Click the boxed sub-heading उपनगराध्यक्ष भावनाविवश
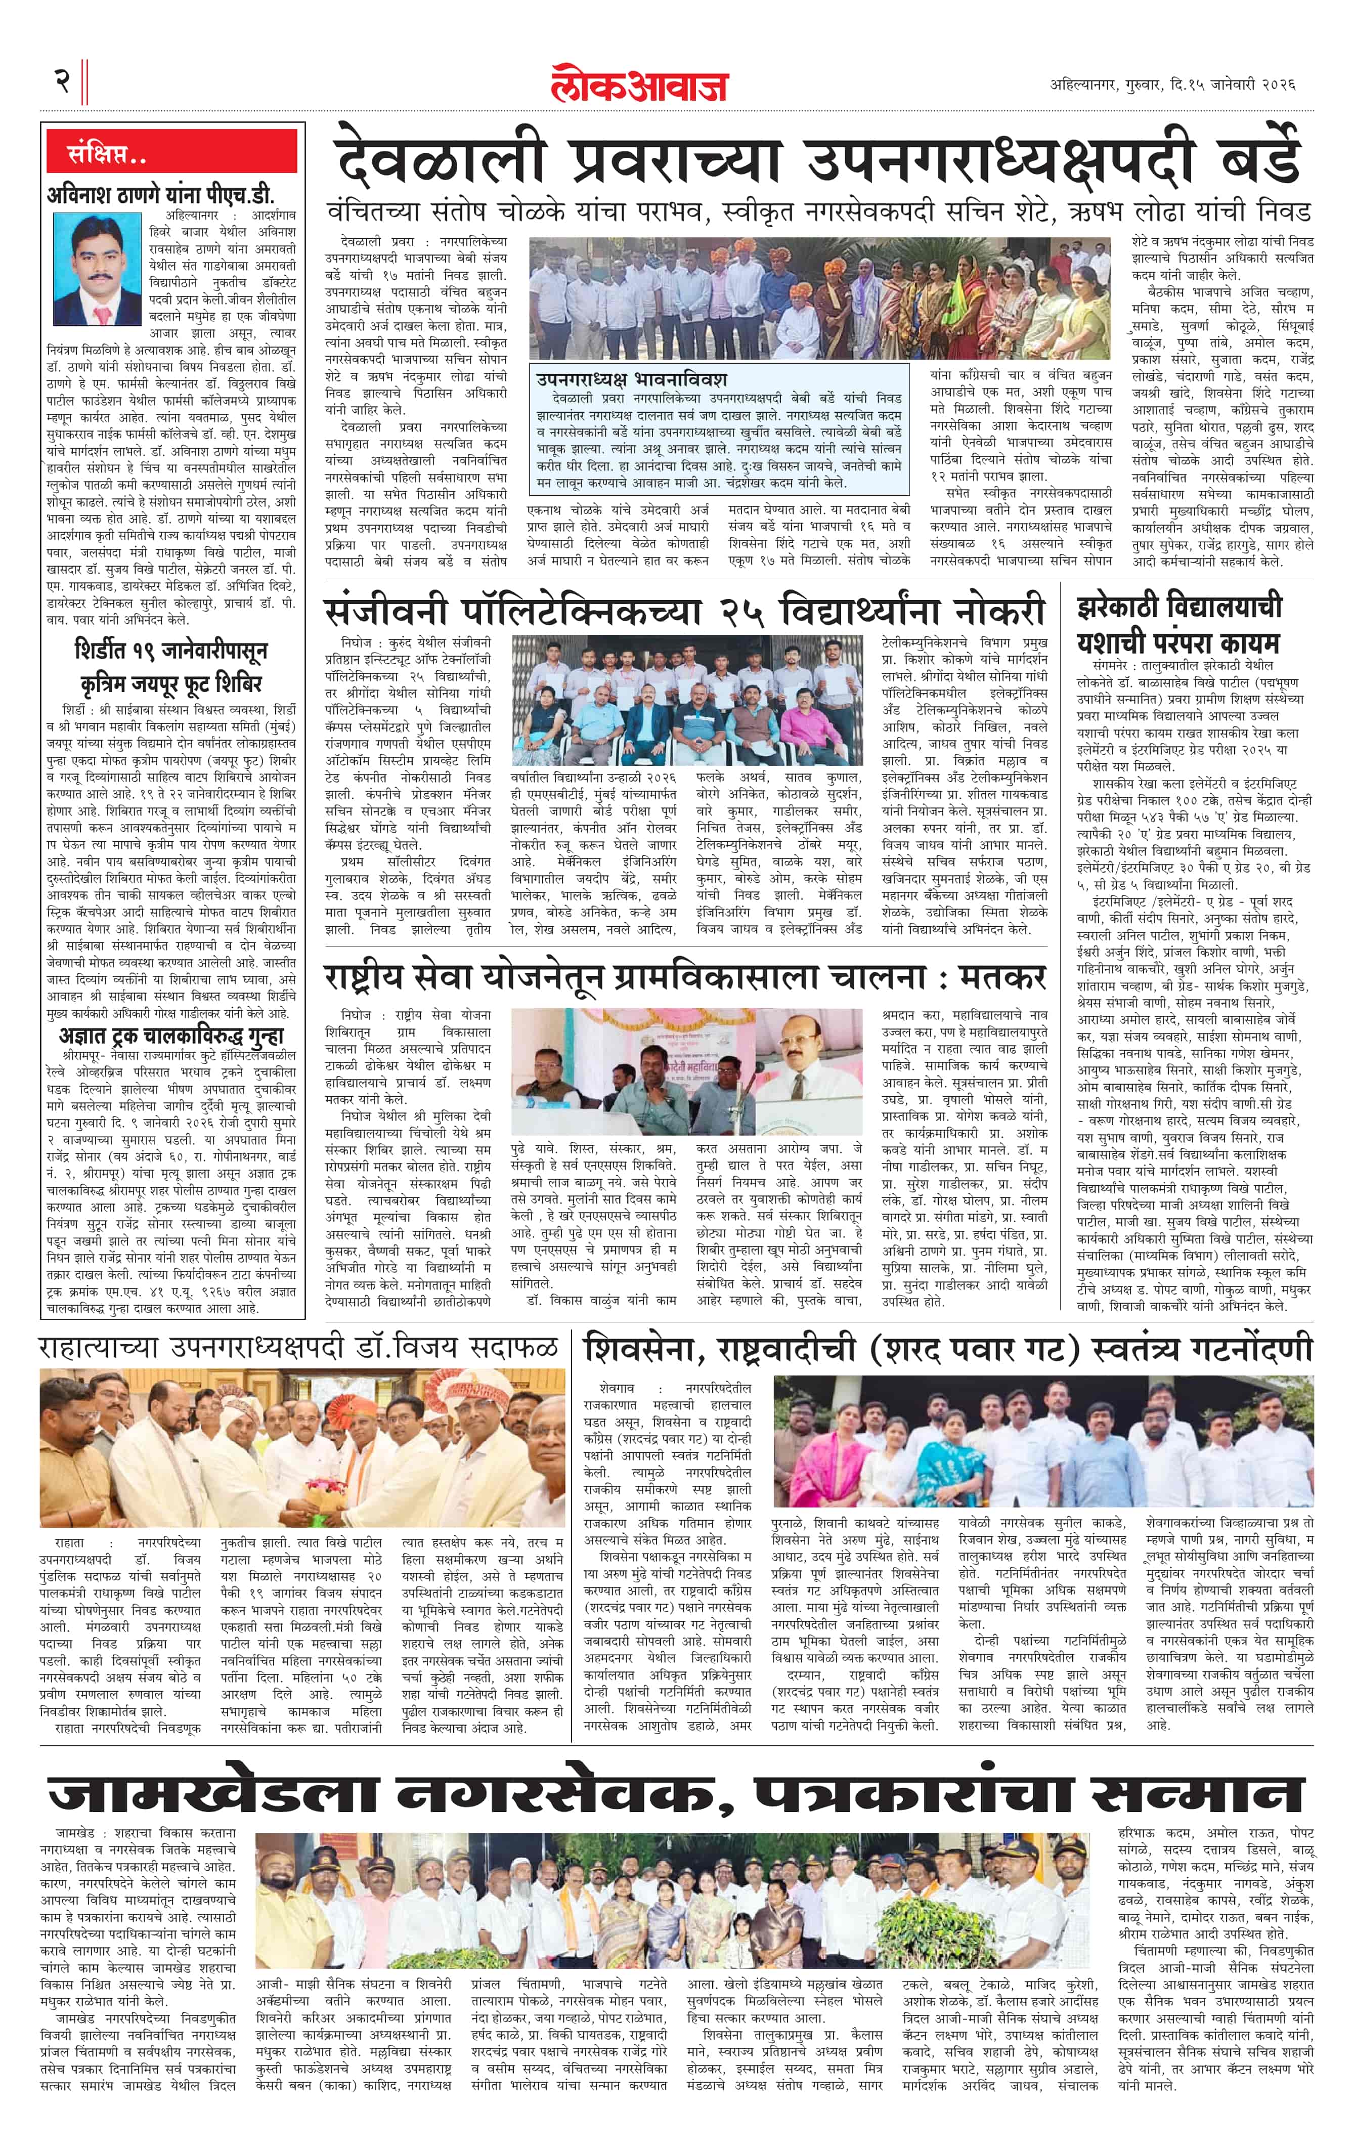point(631,379)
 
